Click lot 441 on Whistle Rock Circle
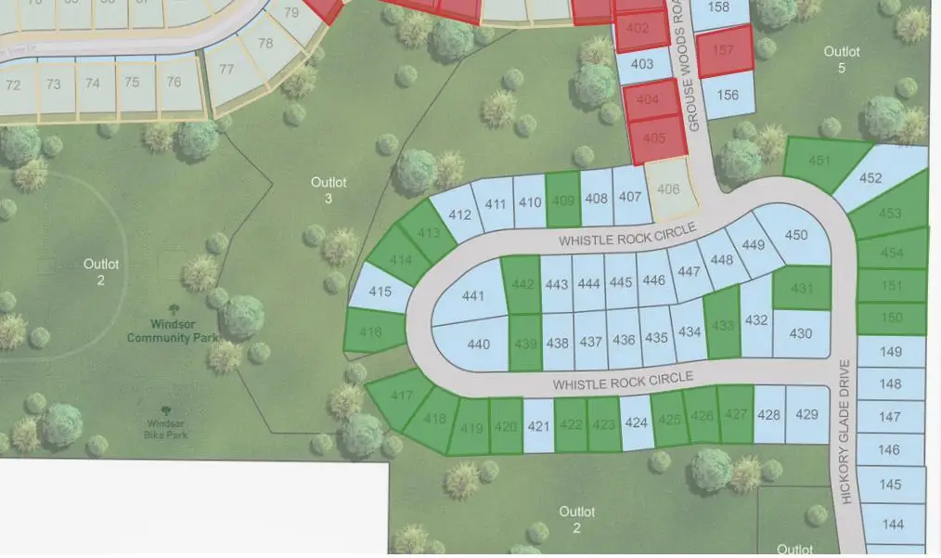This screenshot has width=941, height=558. pyautogui.click(x=472, y=296)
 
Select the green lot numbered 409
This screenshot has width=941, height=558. pyautogui.click(x=562, y=200)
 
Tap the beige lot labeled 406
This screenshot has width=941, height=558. pyautogui.click(x=667, y=189)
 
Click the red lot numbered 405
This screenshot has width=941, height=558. pyautogui.click(x=654, y=137)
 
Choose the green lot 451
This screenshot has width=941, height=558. pyautogui.click(x=819, y=161)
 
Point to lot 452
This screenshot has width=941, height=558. pyautogui.click(x=870, y=178)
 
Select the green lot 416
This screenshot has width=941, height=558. pyautogui.click(x=371, y=331)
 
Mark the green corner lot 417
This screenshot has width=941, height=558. pyautogui.click(x=400, y=396)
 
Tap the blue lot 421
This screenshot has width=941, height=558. pyautogui.click(x=538, y=426)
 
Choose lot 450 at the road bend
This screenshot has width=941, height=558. pyautogui.click(x=796, y=235)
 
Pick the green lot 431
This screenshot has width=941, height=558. pyautogui.click(x=802, y=289)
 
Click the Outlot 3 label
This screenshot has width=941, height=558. pyautogui.click(x=329, y=190)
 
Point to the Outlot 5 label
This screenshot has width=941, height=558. pyautogui.click(x=842, y=59)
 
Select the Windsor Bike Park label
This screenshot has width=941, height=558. pyautogui.click(x=167, y=427)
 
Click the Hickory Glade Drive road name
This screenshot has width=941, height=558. pyautogui.click(x=844, y=432)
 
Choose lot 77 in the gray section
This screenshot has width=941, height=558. pyautogui.click(x=226, y=70)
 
